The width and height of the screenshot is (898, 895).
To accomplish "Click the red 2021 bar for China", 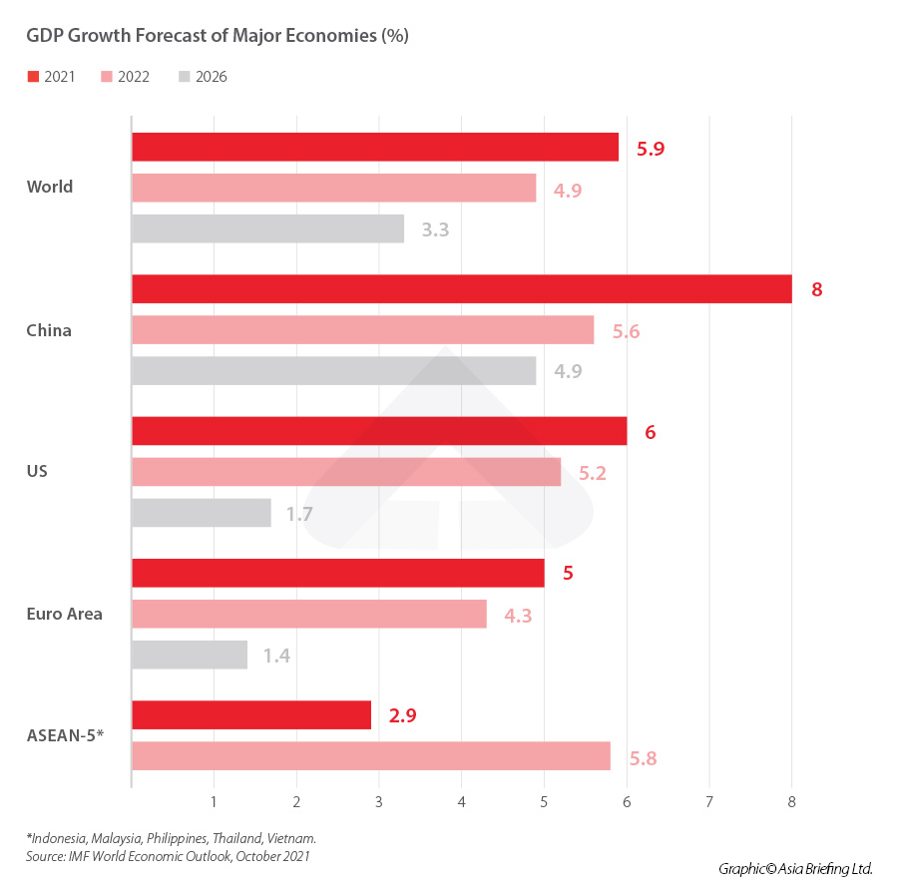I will tap(461, 289).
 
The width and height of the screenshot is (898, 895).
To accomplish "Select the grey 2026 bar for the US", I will tap(202, 513).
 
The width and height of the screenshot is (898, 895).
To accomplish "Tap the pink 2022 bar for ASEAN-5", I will tap(370, 756).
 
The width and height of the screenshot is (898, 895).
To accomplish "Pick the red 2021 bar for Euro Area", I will tap(338, 573).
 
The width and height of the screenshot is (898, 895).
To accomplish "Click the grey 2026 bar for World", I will tap(267, 228).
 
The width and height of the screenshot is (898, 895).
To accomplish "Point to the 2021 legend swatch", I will tap(33, 77).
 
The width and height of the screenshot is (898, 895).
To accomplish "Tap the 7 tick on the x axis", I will tap(708, 801).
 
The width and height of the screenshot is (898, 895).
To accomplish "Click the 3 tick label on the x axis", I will tap(379, 801).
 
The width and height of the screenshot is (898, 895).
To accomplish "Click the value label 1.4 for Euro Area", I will tap(276, 656).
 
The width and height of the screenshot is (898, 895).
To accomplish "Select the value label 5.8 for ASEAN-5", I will tap(644, 757).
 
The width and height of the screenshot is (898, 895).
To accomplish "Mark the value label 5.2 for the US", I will tap(593, 474).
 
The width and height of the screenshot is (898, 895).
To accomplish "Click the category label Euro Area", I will tap(64, 614).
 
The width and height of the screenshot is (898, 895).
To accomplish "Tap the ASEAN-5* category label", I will tap(65, 737).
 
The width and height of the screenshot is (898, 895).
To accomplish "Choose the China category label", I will tap(49, 330).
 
